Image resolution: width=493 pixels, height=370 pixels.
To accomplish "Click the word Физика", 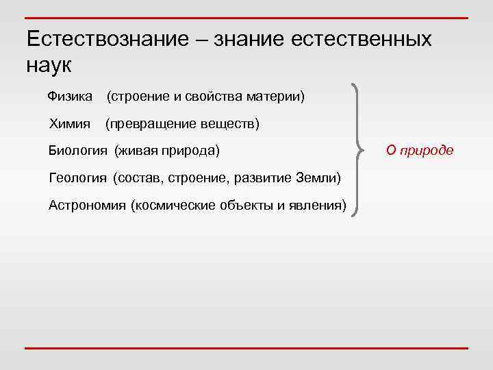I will pos(70,97).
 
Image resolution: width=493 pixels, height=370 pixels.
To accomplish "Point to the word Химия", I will pos(70,124).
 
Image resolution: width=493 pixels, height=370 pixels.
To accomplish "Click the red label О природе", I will pos(419,151).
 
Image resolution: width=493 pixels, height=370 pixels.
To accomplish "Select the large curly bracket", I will pos(356,150).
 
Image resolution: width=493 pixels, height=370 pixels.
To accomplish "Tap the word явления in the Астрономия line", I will pos(320,205).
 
